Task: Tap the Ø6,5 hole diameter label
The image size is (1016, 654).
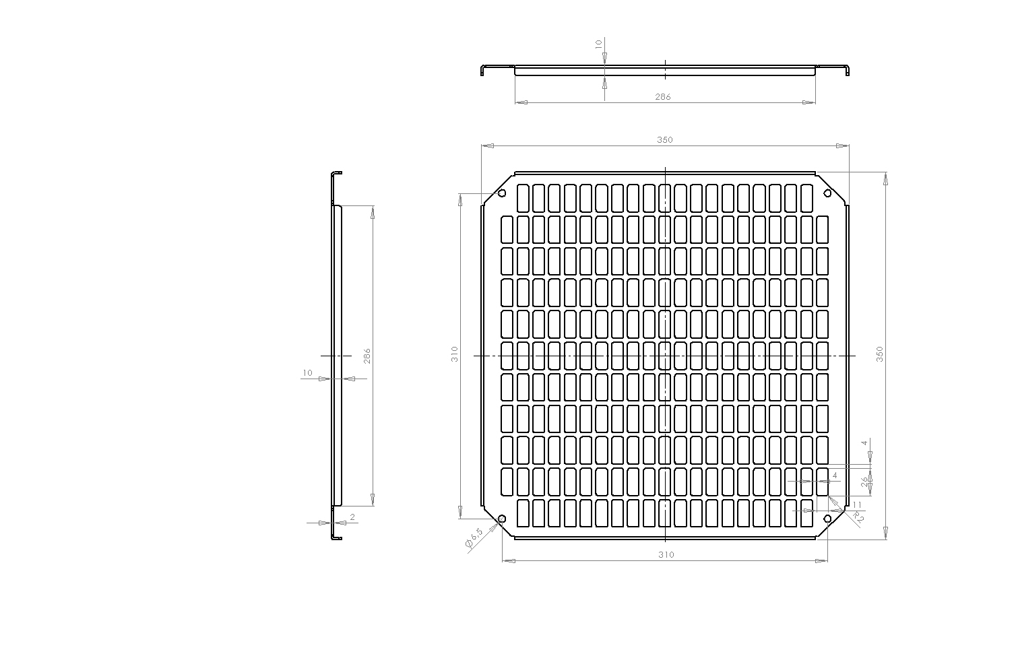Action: [x=474, y=538]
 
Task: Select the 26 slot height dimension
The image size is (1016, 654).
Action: [x=864, y=482]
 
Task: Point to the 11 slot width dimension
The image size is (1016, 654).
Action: [x=857, y=504]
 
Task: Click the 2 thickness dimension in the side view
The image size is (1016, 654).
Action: [x=352, y=517]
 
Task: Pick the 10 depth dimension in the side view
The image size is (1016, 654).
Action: [x=307, y=373]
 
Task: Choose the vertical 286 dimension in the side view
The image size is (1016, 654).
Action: [x=367, y=356]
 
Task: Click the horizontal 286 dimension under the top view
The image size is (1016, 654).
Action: [x=663, y=96]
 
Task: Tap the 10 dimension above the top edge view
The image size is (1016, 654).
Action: [x=599, y=44]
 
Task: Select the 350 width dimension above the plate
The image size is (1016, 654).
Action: [x=665, y=139]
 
